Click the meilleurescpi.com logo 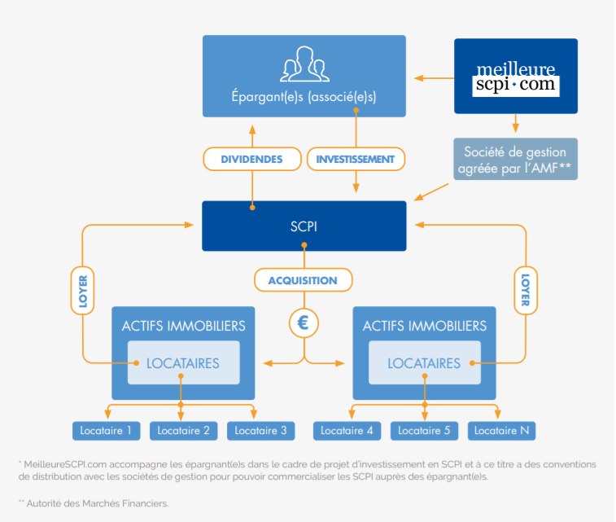click(515, 77)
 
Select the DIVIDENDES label click(251, 159)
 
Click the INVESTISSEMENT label click(356, 159)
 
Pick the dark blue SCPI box click(304, 226)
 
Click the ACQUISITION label click(304, 280)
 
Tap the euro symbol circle click(304, 322)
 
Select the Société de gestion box click(515, 158)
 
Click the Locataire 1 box click(106, 430)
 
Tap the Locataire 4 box click(347, 430)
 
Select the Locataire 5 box click(424, 430)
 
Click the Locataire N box click(501, 430)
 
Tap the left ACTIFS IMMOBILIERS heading click(183, 326)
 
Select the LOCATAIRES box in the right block click(423, 363)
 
